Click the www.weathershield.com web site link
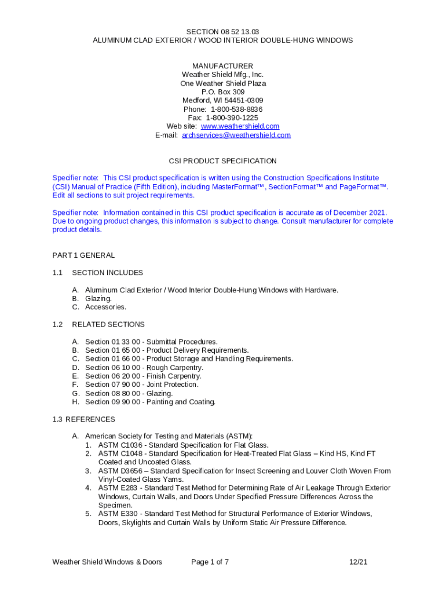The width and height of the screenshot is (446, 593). [240, 126]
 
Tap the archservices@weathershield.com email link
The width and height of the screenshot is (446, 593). [236, 135]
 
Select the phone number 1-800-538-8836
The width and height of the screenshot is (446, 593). [236, 109]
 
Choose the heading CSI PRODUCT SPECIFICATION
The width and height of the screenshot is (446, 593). [222, 161]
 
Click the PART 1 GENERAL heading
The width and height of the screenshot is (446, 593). [83, 255]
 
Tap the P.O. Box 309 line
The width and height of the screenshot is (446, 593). [223, 92]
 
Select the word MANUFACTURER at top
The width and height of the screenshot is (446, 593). [223, 66]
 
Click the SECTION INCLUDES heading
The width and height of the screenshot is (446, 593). [107, 273]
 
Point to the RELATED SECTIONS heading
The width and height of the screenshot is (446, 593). [108, 324]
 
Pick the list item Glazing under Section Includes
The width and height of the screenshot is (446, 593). [98, 299]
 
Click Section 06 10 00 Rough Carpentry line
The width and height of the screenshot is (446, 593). [144, 368]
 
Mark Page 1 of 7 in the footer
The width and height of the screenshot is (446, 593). [210, 562]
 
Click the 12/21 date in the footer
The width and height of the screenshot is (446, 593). [358, 562]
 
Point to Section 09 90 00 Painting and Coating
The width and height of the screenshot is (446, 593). [150, 402]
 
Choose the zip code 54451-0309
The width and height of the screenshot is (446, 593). [238, 101]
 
